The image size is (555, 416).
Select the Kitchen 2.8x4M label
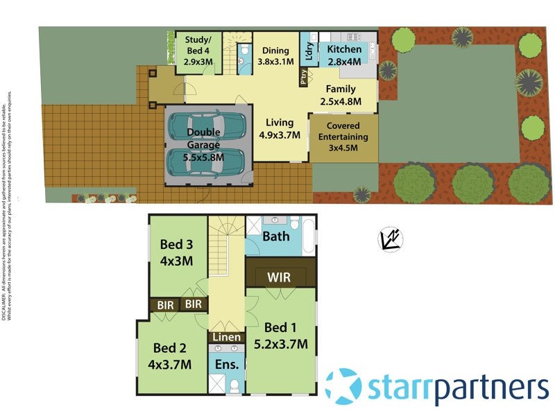[344, 55]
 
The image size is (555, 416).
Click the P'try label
[303, 80]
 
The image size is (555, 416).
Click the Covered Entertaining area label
[343, 137]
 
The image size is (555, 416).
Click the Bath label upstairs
[276, 236]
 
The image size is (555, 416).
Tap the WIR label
[279, 277]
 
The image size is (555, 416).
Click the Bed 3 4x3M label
[176, 252]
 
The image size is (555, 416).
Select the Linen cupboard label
[227, 338]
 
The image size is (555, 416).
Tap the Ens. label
[227, 363]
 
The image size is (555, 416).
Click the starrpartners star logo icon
[343, 386]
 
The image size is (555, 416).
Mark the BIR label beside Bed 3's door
[194, 304]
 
